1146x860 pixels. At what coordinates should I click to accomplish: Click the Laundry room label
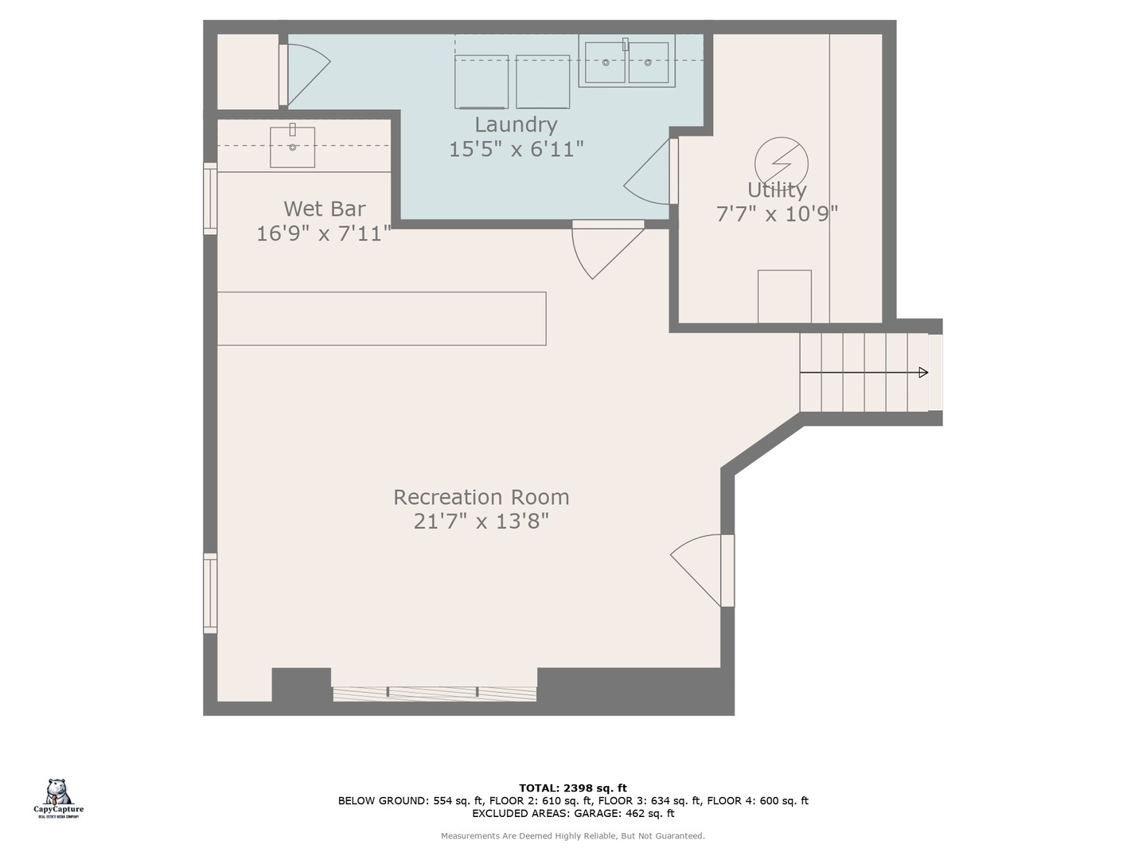(x=516, y=125)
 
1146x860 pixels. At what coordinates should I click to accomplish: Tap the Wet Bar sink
(x=292, y=147)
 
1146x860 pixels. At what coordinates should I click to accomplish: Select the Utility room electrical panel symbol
(x=781, y=163)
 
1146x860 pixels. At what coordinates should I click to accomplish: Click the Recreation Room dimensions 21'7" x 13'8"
(x=481, y=521)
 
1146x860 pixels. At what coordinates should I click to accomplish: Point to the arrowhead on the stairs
(x=923, y=373)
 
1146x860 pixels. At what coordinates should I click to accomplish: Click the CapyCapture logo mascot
(x=57, y=792)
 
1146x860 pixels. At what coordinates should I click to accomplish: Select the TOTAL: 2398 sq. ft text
(x=573, y=788)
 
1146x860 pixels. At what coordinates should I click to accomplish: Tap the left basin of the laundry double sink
(x=605, y=63)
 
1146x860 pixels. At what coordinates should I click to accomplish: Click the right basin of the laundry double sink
(x=649, y=63)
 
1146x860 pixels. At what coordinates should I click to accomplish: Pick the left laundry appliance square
(x=481, y=81)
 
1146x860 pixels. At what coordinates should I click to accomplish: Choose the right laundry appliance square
(x=543, y=81)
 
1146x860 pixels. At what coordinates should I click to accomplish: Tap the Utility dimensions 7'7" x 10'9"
(x=777, y=214)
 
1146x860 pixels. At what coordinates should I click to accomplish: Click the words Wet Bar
(x=324, y=209)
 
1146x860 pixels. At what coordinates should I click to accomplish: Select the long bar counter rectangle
(x=382, y=319)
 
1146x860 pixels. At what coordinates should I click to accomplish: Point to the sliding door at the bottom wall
(x=435, y=694)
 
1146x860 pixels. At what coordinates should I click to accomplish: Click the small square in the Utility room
(x=785, y=296)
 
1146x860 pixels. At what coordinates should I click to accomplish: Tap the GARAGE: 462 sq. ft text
(x=624, y=813)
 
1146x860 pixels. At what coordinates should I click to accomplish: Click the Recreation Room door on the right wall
(x=702, y=570)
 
